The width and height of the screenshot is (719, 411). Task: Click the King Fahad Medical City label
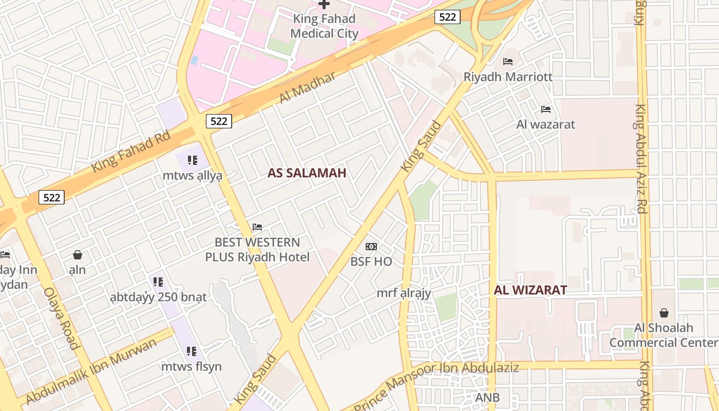pos(324,26)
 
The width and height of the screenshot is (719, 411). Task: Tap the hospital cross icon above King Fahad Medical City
pos(324,4)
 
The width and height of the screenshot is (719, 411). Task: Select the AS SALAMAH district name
pos(307,173)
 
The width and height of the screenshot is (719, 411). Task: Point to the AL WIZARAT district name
pos(531,290)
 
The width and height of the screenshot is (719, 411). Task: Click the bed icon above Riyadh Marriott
pos(508,62)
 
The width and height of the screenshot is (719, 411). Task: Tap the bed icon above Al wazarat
pos(546,109)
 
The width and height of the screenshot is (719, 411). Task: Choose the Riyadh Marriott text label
pos(508,77)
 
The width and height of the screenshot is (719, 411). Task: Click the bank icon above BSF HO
pos(371,247)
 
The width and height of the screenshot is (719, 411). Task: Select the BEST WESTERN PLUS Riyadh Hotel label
pos(257,250)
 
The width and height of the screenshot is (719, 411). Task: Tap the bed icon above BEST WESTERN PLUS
pos(257,227)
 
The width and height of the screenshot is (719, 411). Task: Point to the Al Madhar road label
pos(308,87)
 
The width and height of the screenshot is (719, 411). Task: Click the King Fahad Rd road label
pos(130,152)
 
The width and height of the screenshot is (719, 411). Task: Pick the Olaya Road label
pos(62,318)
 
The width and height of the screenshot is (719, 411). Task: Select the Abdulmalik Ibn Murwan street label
pos(91,371)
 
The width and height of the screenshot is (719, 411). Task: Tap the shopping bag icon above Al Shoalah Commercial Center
pos(664,313)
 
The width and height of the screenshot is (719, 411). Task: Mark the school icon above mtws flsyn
pos(192,351)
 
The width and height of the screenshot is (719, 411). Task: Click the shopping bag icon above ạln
pos(78,255)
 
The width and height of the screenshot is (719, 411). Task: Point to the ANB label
pos(487,398)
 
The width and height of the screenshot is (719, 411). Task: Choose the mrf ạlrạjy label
pos(404,293)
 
